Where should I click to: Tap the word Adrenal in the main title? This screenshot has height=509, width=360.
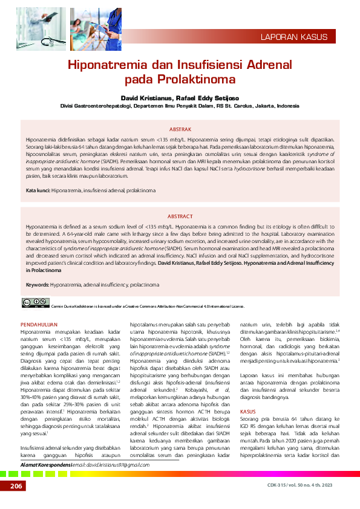(x=268, y=65)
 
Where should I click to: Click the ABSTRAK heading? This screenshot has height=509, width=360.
(x=180, y=129)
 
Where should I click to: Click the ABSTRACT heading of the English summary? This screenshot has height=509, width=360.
(x=180, y=216)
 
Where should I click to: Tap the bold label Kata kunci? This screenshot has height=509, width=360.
(x=38, y=190)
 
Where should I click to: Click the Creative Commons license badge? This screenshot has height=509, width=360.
(x=35, y=302)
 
